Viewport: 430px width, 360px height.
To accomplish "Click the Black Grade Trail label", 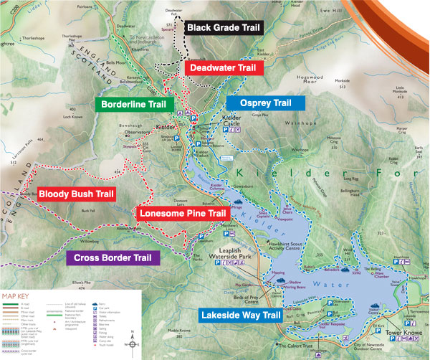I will (224, 28).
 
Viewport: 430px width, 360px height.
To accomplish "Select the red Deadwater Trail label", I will (224, 68).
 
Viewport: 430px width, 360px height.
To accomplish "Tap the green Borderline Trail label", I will (133, 104).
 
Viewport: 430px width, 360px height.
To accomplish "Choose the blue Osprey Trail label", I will (265, 103).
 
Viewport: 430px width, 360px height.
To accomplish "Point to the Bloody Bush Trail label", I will (76, 194).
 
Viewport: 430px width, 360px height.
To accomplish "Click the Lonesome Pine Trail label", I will (183, 213).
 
